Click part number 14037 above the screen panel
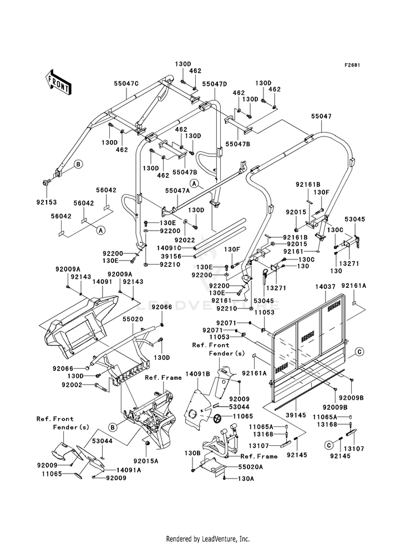326,287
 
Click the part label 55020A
251,467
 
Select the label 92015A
146,461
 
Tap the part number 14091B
197,374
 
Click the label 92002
72,385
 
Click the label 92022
185,240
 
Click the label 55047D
215,84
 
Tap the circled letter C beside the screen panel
360,352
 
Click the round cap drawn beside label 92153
45,182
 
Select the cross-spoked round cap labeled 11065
218,418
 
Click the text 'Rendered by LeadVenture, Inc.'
208,539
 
